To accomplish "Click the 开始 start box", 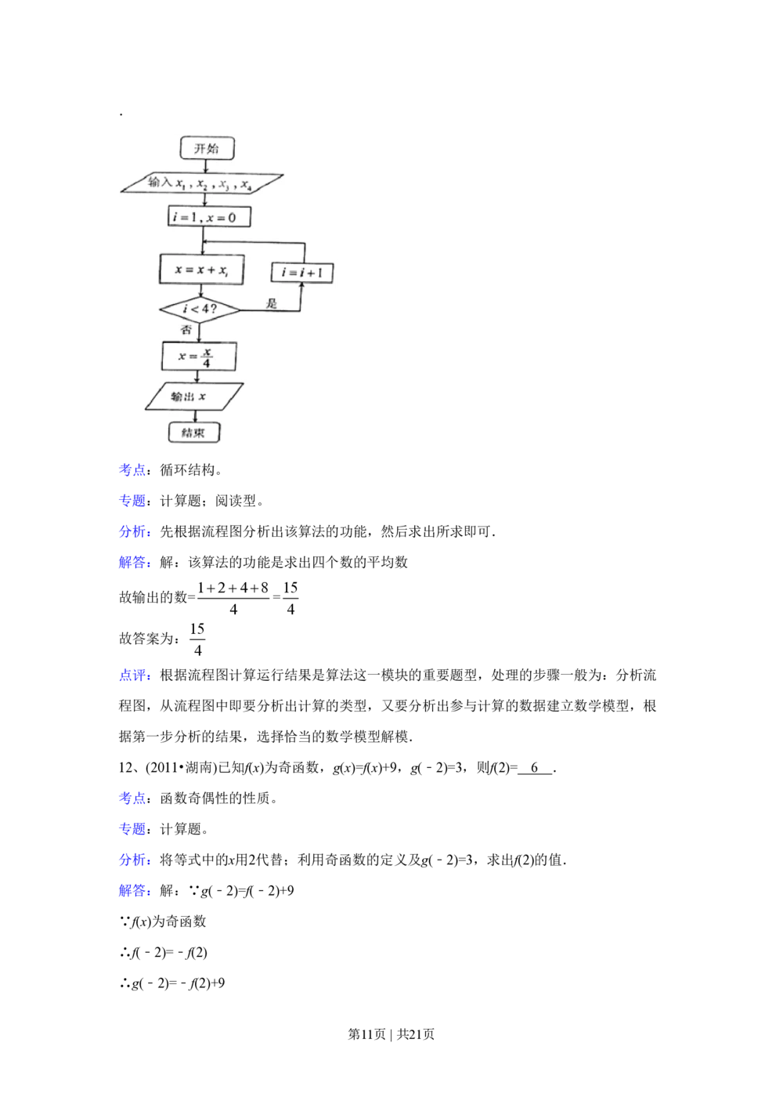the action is pos(207,148).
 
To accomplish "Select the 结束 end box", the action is pos(194,433).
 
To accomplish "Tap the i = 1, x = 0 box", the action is pos(209,217).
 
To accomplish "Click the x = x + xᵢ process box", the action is pos(201,270).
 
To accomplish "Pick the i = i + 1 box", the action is pos(302,273).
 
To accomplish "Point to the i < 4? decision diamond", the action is pos(200,310).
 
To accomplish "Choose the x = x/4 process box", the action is pos(199,357).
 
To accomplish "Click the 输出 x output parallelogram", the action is pos(194,396).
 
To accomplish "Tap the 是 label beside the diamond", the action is pos(272,303).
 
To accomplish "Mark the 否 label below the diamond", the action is pos(186,331).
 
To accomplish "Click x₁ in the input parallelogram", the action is pos(181,184).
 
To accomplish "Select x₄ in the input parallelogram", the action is pos(246,186).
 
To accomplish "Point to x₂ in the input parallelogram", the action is pos(202,185).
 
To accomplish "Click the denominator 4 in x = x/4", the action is pos(207,364).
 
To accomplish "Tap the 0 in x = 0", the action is pos(232,217).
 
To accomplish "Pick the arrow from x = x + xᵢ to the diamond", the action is pos(201,291).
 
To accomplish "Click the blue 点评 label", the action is pos(133,675).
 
